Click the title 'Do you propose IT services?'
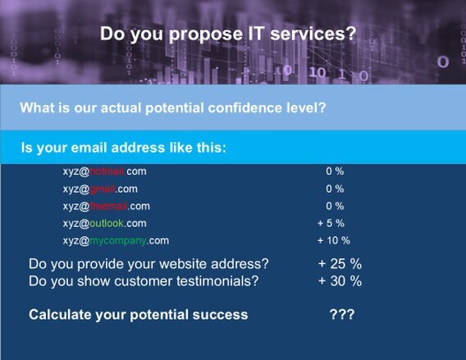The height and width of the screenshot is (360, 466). [x=228, y=34]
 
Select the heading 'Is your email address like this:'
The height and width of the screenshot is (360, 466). [x=123, y=148]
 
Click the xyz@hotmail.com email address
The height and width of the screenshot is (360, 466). [x=104, y=171]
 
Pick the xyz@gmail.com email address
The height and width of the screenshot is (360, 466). [x=99, y=189]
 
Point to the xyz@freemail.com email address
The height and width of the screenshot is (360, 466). [x=106, y=206]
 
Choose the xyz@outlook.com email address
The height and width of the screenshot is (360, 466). [x=104, y=223]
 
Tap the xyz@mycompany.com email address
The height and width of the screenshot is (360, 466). [x=115, y=240]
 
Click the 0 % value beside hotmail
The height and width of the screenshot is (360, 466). [x=335, y=171]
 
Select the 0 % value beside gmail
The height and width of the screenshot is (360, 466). [x=335, y=189]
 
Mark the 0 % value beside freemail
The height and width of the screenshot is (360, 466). [x=335, y=206]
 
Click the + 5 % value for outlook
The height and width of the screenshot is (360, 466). [x=331, y=223]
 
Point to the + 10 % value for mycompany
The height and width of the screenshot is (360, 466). [x=334, y=240]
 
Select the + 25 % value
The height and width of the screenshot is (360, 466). [x=340, y=264]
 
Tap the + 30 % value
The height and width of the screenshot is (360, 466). [x=340, y=281]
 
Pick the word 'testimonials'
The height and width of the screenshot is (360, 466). [x=221, y=281]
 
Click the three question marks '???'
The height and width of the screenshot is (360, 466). [x=341, y=315]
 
